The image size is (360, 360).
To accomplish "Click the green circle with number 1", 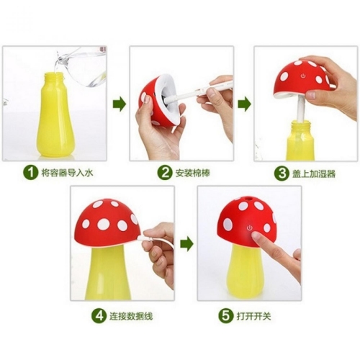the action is pyautogui.click(x=31, y=173).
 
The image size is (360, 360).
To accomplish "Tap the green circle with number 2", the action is pyautogui.click(x=165, y=173).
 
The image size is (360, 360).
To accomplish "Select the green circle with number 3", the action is pyautogui.click(x=282, y=174).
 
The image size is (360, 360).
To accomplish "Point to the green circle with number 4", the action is pyautogui.click(x=99, y=315).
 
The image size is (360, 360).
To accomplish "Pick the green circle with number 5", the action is pyautogui.click(x=225, y=315).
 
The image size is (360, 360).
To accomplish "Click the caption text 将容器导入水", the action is pyautogui.click(x=67, y=173).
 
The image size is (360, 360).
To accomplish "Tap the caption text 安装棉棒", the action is pyautogui.click(x=193, y=173).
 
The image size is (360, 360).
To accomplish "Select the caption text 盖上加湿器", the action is pyautogui.click(x=314, y=174).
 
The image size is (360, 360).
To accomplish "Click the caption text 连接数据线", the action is pyautogui.click(x=131, y=316).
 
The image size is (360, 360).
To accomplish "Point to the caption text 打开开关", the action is pyautogui.click(x=253, y=316).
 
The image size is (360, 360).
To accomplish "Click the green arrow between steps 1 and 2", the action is pyautogui.click(x=120, y=104).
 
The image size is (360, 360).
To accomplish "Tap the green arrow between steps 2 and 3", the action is pyautogui.click(x=245, y=104).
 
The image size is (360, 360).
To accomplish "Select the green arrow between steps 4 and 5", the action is pyautogui.click(x=187, y=244).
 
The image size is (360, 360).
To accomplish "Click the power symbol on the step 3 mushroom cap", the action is pyautogui.click(x=303, y=76).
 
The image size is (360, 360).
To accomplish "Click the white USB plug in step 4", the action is pyautogui.click(x=144, y=238).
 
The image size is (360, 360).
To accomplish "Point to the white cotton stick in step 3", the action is pyautogui.click(x=302, y=109).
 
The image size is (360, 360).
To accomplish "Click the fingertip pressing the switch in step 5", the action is pyautogui.click(x=255, y=235).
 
